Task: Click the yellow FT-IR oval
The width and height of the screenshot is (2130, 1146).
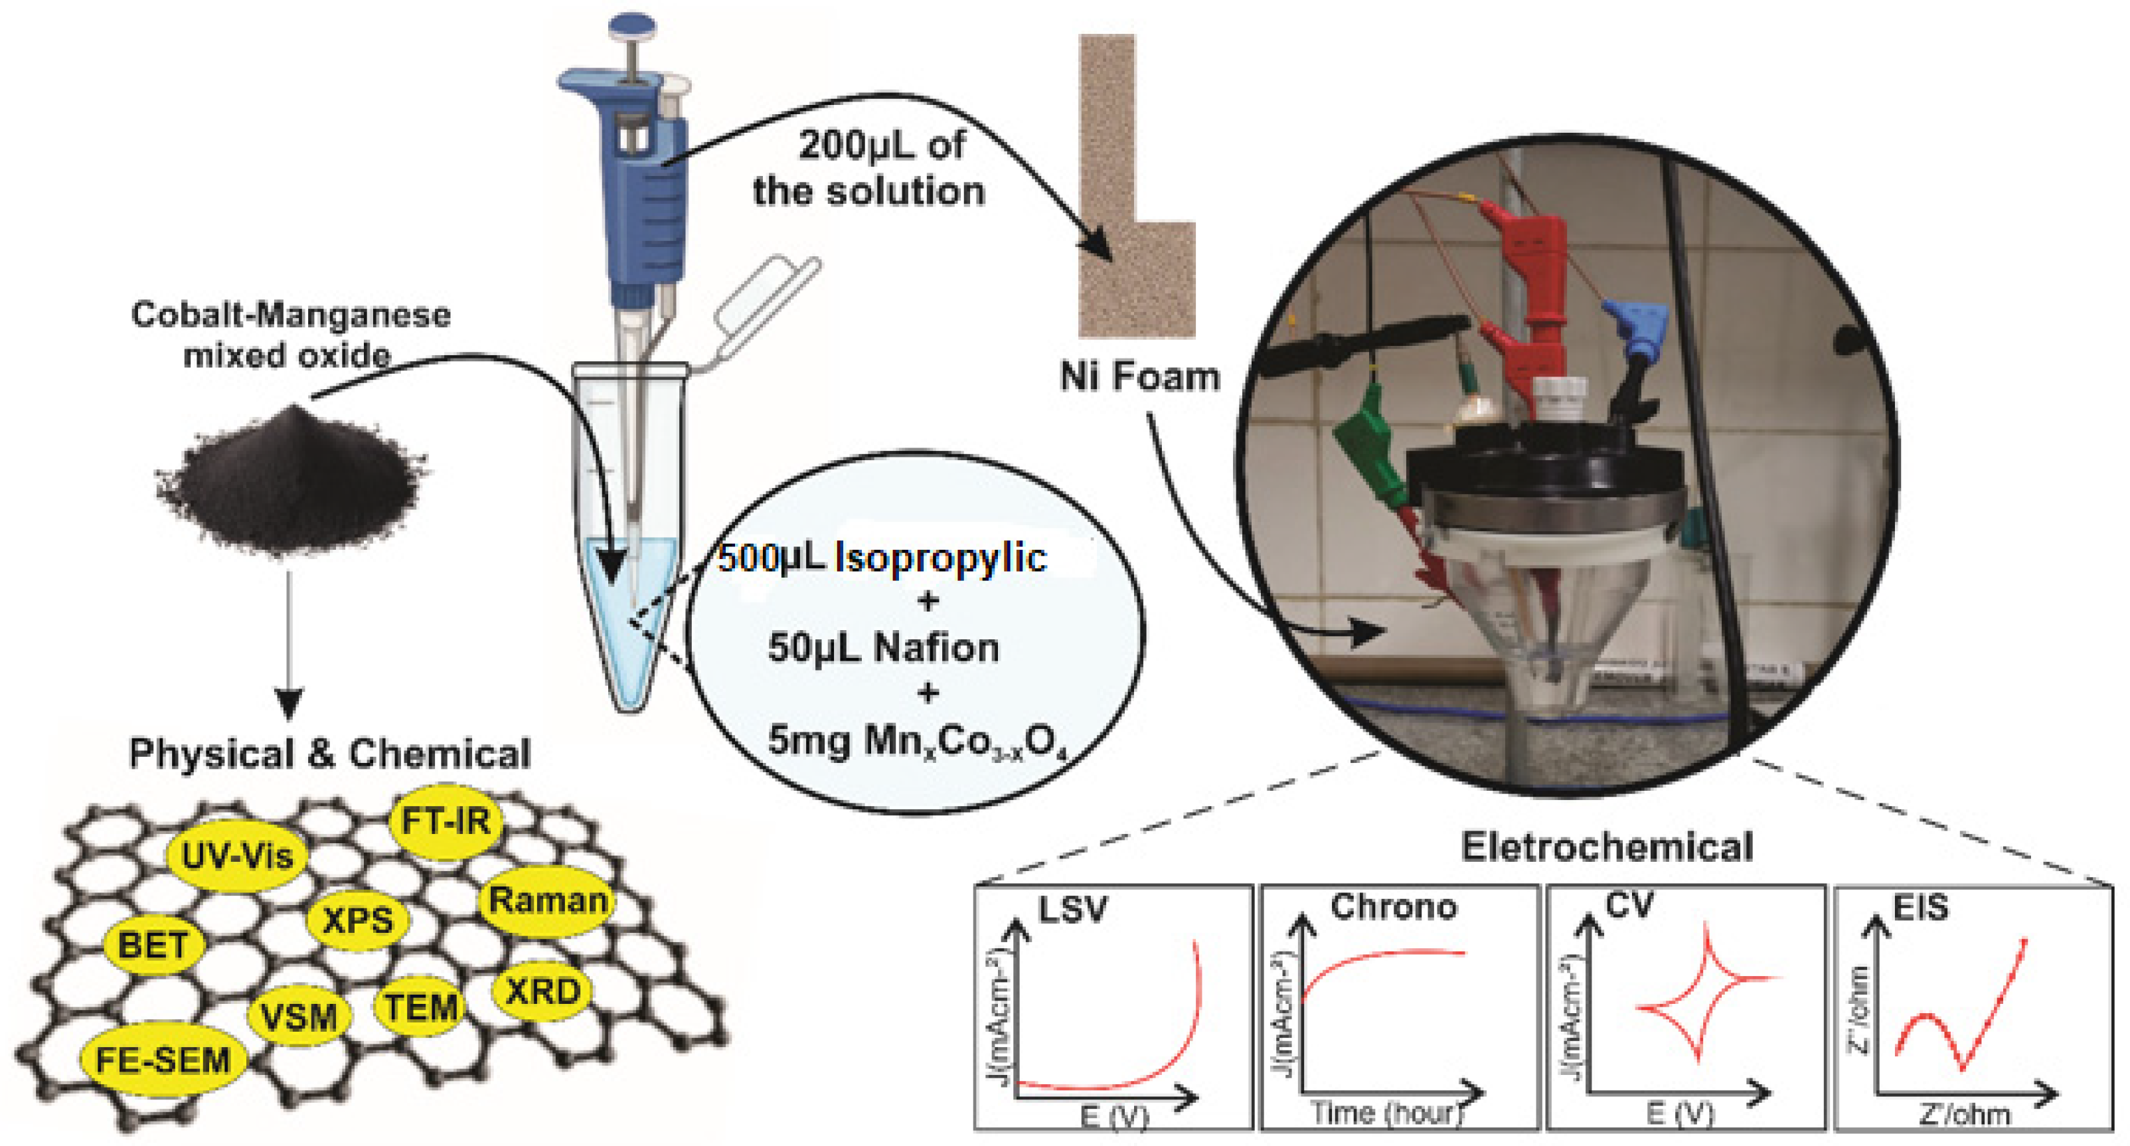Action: pos(445,822)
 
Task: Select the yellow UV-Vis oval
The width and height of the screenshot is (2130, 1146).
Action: pos(237,856)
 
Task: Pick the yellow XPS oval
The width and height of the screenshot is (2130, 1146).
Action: pos(357,920)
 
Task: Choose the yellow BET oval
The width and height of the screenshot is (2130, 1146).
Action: pos(154,945)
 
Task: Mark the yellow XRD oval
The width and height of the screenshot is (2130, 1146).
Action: pos(542,991)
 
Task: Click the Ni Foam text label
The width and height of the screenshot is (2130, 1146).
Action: pos(1139,377)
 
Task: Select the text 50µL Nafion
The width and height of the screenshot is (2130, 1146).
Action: pos(883,647)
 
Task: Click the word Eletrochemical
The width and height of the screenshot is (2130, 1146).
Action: pos(1607,847)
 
